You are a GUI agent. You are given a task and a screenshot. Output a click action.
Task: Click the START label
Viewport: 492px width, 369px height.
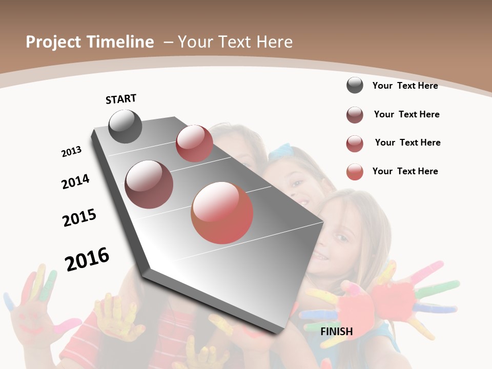[x=121, y=99]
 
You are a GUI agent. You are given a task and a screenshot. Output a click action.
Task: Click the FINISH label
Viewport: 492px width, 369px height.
[x=337, y=332]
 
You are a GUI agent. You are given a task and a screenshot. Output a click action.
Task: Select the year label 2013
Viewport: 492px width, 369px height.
[x=72, y=152]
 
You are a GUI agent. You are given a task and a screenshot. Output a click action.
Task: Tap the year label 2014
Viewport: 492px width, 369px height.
[x=76, y=181]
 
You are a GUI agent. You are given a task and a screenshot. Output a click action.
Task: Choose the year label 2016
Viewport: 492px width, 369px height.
[x=87, y=259]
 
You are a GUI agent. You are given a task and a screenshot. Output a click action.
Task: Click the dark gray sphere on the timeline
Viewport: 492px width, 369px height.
[x=125, y=127]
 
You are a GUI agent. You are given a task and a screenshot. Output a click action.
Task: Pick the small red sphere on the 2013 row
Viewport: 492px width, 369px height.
[x=194, y=143]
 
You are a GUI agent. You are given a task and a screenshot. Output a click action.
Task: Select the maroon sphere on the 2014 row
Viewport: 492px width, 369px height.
[x=149, y=184]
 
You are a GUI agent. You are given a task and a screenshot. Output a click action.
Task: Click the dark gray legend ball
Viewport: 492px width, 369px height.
[x=355, y=86]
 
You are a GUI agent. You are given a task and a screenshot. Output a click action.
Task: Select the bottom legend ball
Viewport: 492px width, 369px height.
[x=355, y=172]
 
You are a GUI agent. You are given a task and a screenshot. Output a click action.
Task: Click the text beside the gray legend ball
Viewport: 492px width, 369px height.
[x=405, y=86]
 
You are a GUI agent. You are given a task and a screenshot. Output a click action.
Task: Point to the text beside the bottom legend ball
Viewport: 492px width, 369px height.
[x=405, y=171]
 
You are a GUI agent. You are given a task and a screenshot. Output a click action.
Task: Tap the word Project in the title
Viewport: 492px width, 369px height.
[x=53, y=42]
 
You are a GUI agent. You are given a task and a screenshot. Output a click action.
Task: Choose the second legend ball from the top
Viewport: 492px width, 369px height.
[x=355, y=115]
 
